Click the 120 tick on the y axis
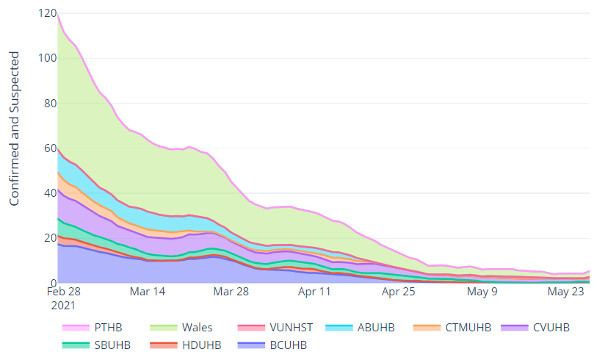coord(46,13)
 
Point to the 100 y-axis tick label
coord(46,58)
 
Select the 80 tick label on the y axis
coord(49,103)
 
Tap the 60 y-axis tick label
coord(49,148)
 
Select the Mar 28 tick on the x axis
coord(230,291)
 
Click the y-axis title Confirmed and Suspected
coord(15,129)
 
